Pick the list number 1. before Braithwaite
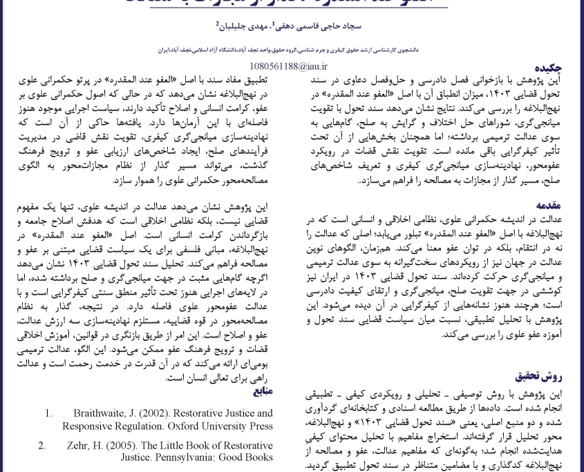[49, 413]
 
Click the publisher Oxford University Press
[222, 426]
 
